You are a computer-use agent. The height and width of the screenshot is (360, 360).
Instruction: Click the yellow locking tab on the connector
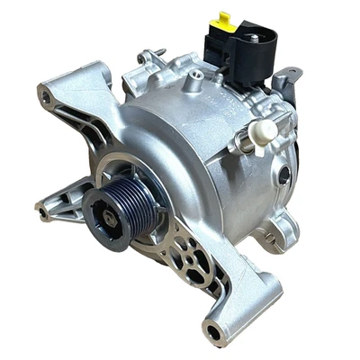(223, 20)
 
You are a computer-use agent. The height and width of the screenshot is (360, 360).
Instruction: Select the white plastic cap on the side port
(265, 130)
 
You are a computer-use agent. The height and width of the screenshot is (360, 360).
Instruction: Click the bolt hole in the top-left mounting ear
(46, 95)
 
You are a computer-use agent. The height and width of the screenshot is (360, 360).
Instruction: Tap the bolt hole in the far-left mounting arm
(42, 212)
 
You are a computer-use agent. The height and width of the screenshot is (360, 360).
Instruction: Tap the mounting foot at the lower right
(270, 236)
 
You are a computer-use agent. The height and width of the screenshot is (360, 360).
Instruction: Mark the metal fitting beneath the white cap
(247, 141)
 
